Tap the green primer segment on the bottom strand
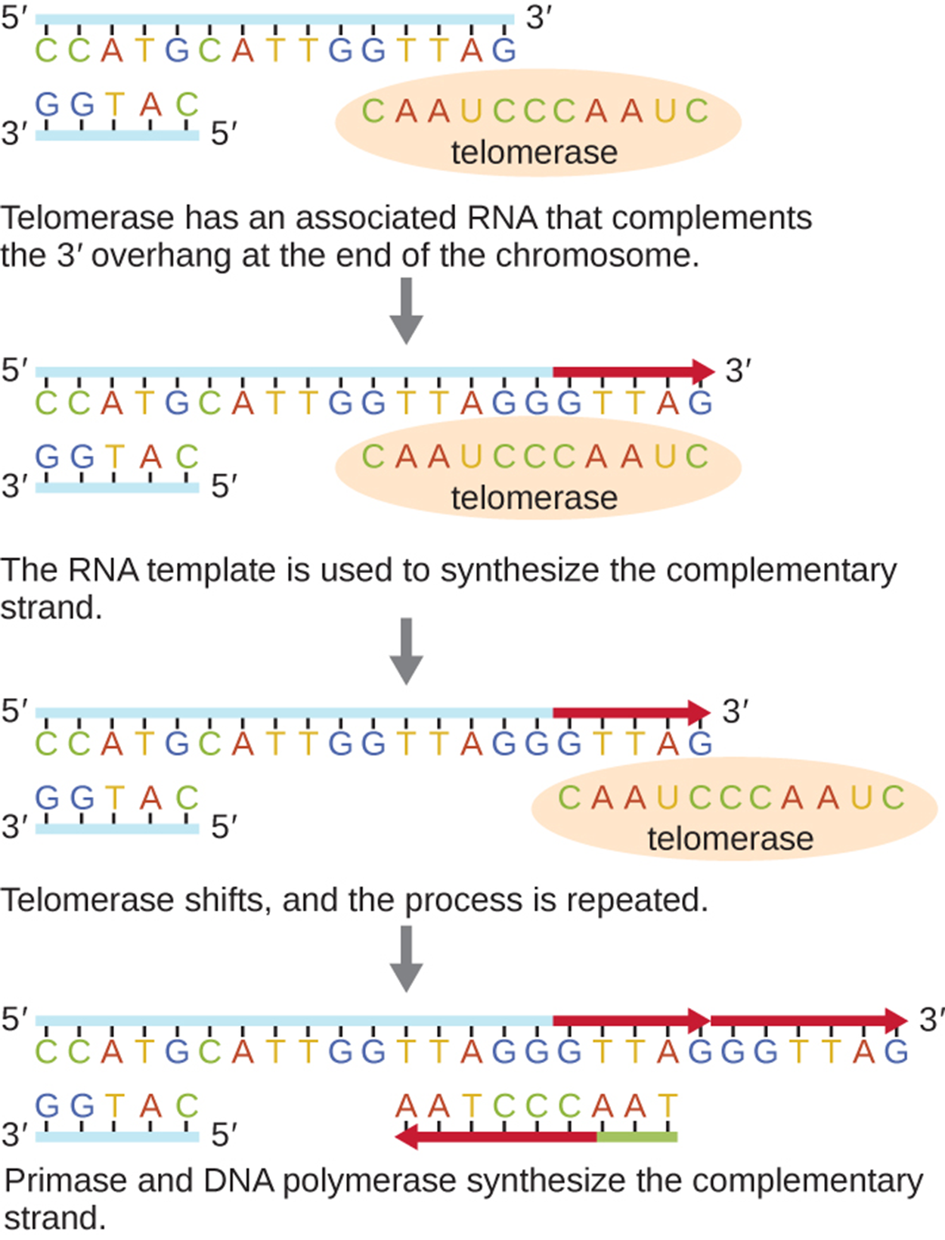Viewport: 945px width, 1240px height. click(637, 1136)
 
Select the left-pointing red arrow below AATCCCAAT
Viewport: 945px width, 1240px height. click(495, 1136)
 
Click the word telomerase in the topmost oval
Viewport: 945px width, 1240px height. click(534, 153)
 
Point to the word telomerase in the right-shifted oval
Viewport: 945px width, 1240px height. click(730, 839)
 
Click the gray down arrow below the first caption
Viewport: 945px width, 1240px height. click(406, 310)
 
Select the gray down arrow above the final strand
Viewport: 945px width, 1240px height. click(406, 958)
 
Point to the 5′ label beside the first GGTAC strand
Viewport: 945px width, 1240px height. click(224, 135)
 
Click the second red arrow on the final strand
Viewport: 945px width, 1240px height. click(807, 1020)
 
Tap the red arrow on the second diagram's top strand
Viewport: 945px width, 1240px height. click(633, 371)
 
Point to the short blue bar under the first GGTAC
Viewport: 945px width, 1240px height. click(117, 135)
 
